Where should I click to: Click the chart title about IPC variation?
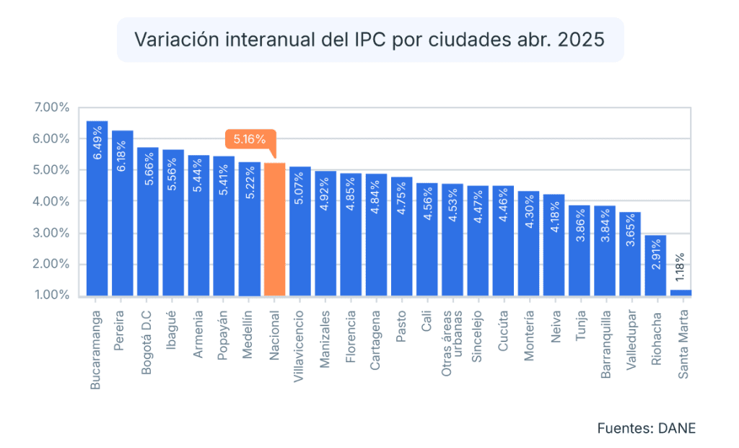coord(369,40)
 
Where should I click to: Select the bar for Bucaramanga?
coord(97,208)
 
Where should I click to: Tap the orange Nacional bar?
coord(274,229)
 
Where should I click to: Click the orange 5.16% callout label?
coord(250,139)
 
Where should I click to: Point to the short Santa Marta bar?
coord(681,293)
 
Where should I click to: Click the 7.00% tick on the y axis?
coord(51,107)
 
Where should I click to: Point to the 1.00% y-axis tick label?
coord(51,295)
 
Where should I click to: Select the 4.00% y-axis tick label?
coord(51,201)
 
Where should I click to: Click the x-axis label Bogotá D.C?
coord(147,343)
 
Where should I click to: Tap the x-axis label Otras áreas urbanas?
coord(452,343)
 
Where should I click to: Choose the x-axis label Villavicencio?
coord(298,346)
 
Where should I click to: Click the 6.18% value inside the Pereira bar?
coord(121,156)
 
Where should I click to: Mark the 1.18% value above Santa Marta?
coord(680,267)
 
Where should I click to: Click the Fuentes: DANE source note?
coord(646,429)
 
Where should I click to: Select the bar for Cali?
coord(427,240)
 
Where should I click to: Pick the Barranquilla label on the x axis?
coord(605,344)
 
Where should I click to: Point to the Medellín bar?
coord(249,229)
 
